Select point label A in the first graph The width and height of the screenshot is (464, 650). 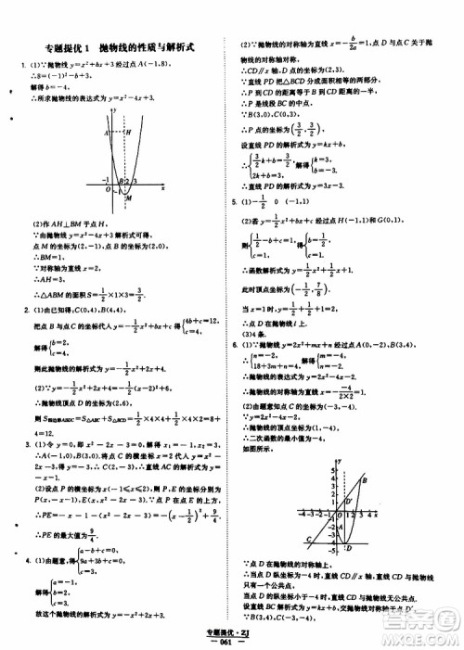108,132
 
